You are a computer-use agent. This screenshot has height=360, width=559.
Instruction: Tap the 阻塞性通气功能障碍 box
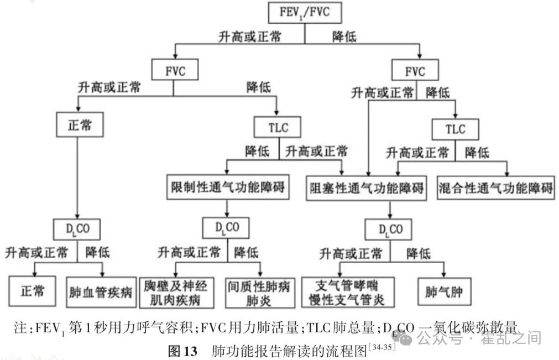point(367,189)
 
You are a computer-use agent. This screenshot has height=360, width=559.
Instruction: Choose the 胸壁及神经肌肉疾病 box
point(175,293)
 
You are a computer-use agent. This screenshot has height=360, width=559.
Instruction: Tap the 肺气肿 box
point(444,292)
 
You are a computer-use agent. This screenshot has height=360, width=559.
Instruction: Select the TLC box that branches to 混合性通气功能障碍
point(456,130)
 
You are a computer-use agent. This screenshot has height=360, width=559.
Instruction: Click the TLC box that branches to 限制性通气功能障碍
point(278,128)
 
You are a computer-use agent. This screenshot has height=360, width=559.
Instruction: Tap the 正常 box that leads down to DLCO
point(80,125)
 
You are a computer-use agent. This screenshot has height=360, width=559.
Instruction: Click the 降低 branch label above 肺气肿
point(419,253)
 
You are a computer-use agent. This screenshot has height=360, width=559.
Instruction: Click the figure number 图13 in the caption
point(182,351)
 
